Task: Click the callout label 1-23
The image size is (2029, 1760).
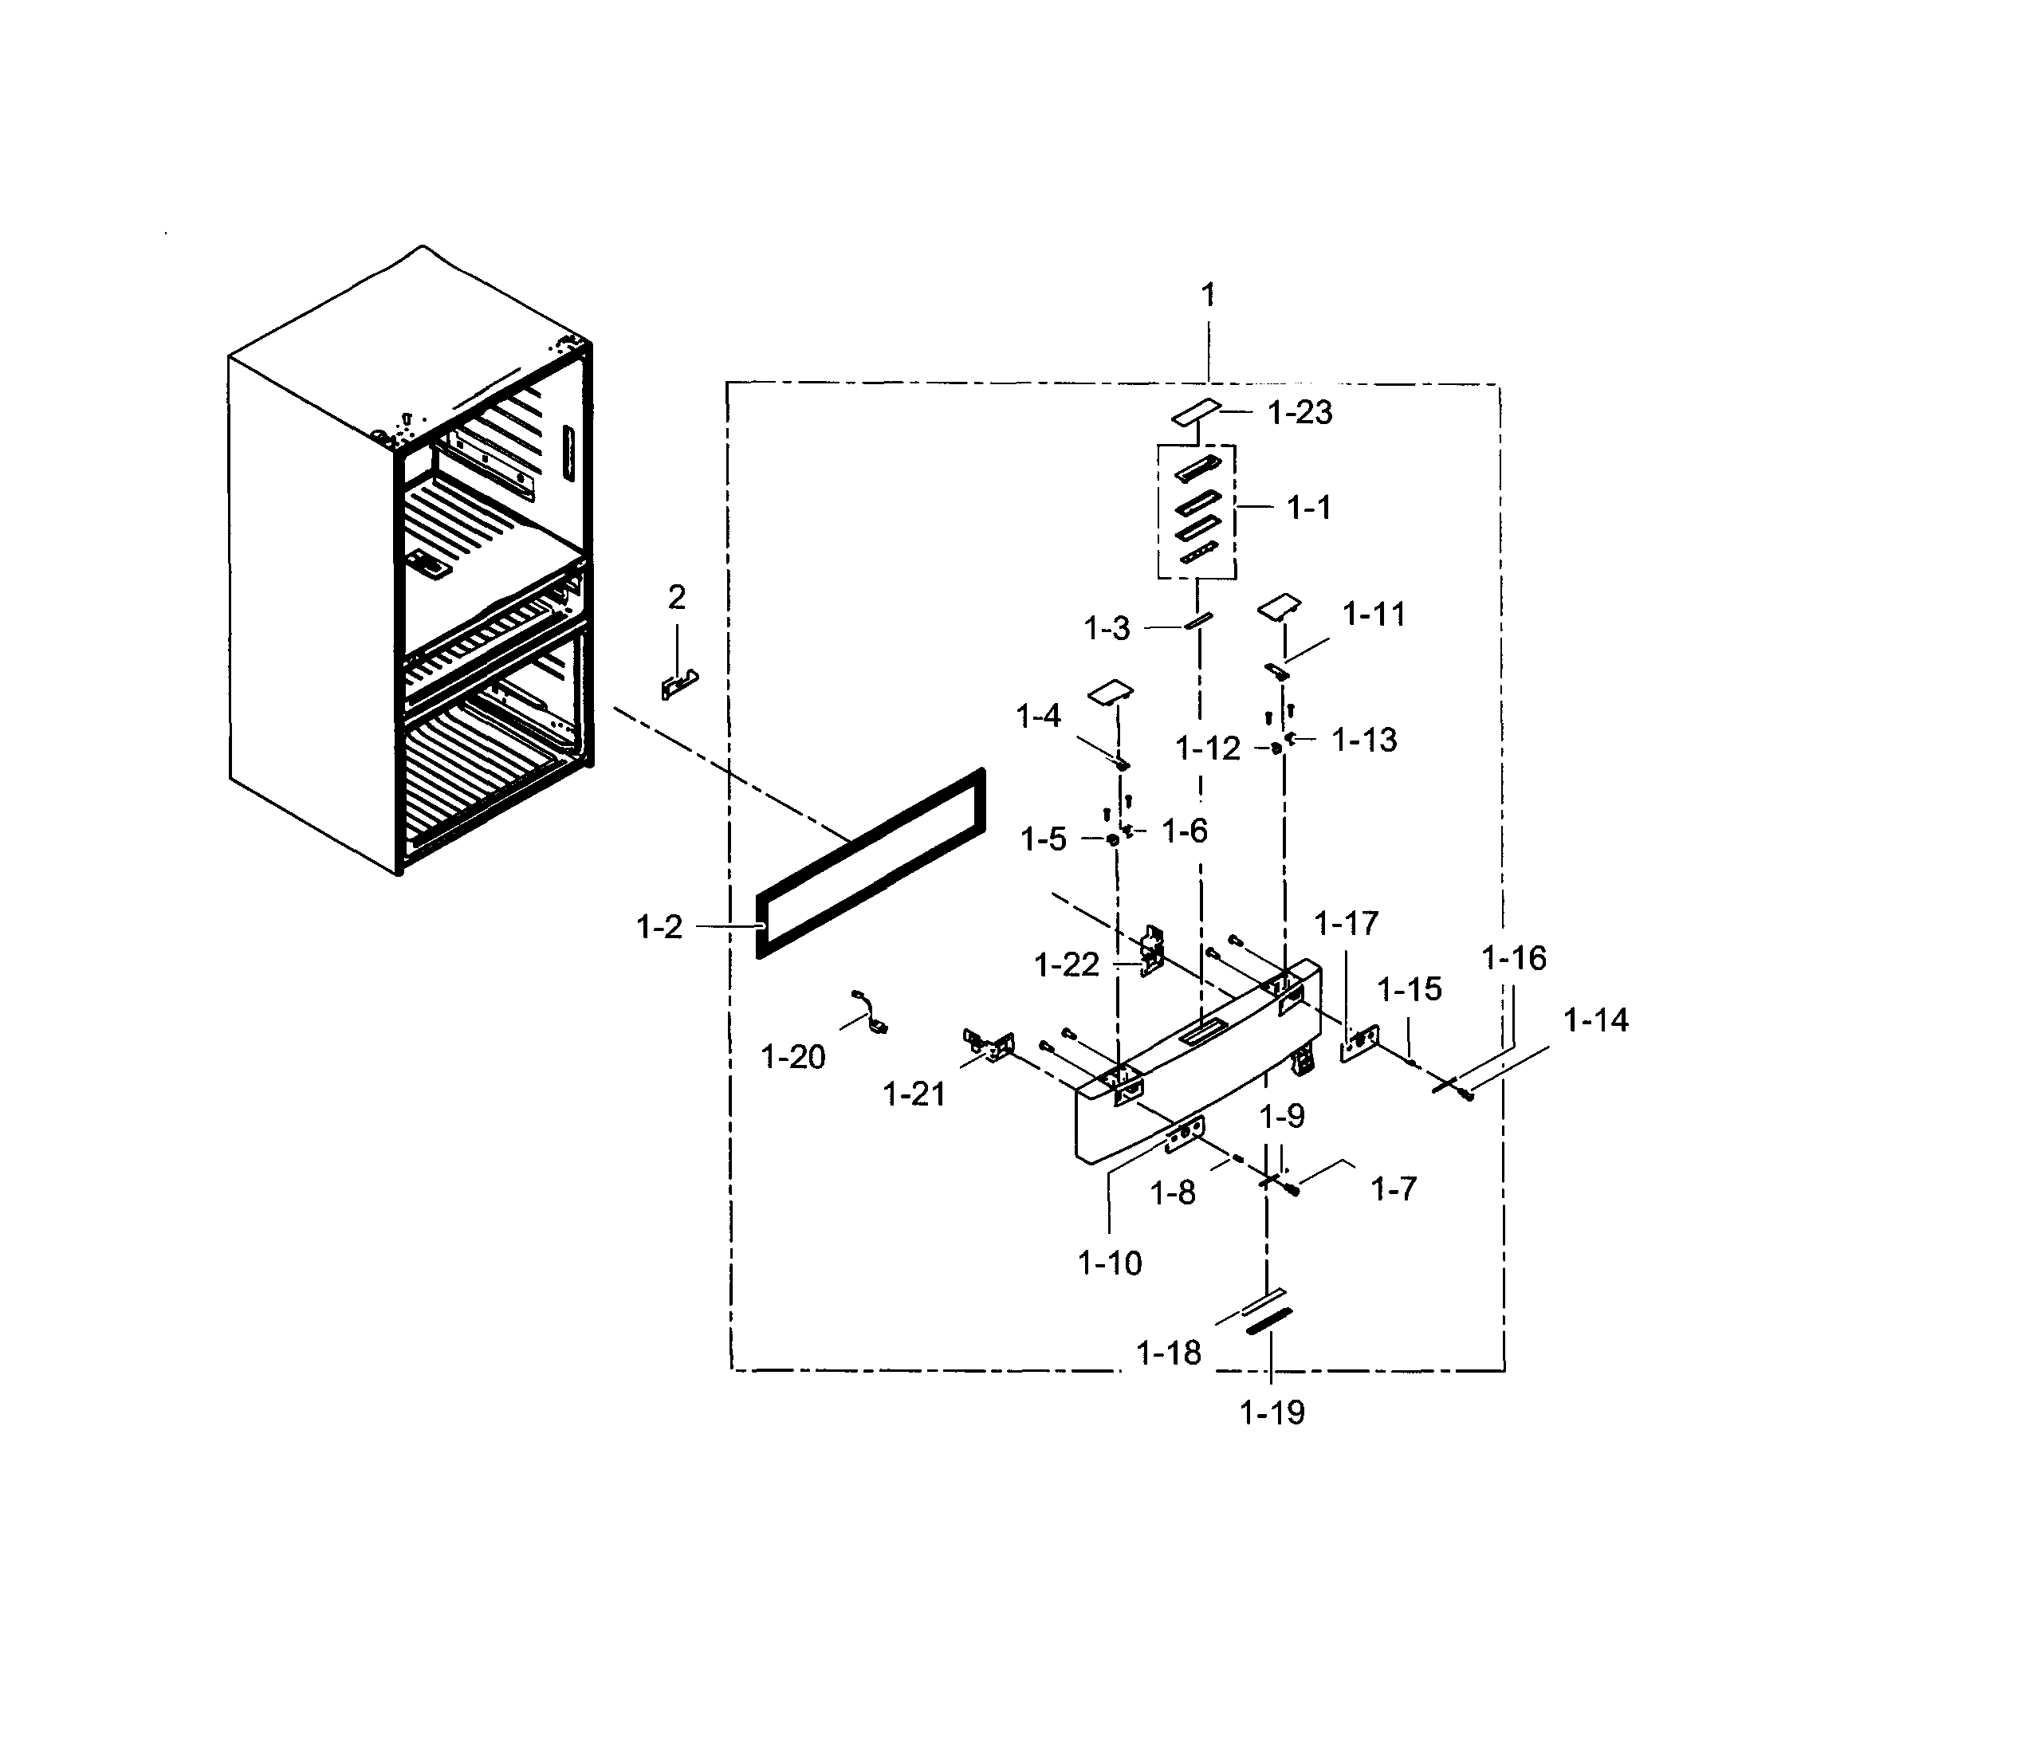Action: tap(1300, 413)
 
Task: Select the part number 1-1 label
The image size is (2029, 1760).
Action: tap(1309, 508)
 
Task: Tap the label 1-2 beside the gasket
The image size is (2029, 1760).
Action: tap(659, 926)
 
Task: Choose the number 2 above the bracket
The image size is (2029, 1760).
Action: tap(677, 596)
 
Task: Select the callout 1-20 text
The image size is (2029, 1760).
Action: tap(792, 1057)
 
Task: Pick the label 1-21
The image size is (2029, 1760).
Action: tap(914, 1094)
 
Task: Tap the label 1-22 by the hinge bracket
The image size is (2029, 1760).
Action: tap(1067, 964)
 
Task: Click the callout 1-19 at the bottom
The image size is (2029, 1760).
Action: tap(1272, 1412)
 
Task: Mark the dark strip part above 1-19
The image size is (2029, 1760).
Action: tap(1269, 1321)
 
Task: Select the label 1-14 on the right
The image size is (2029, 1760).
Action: tap(1596, 1020)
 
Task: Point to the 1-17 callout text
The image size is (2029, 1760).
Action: tap(1347, 923)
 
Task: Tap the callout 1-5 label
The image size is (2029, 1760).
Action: tap(1043, 839)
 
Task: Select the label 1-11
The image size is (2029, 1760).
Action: tap(1374, 615)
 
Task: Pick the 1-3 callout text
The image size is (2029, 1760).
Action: tap(1107, 629)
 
